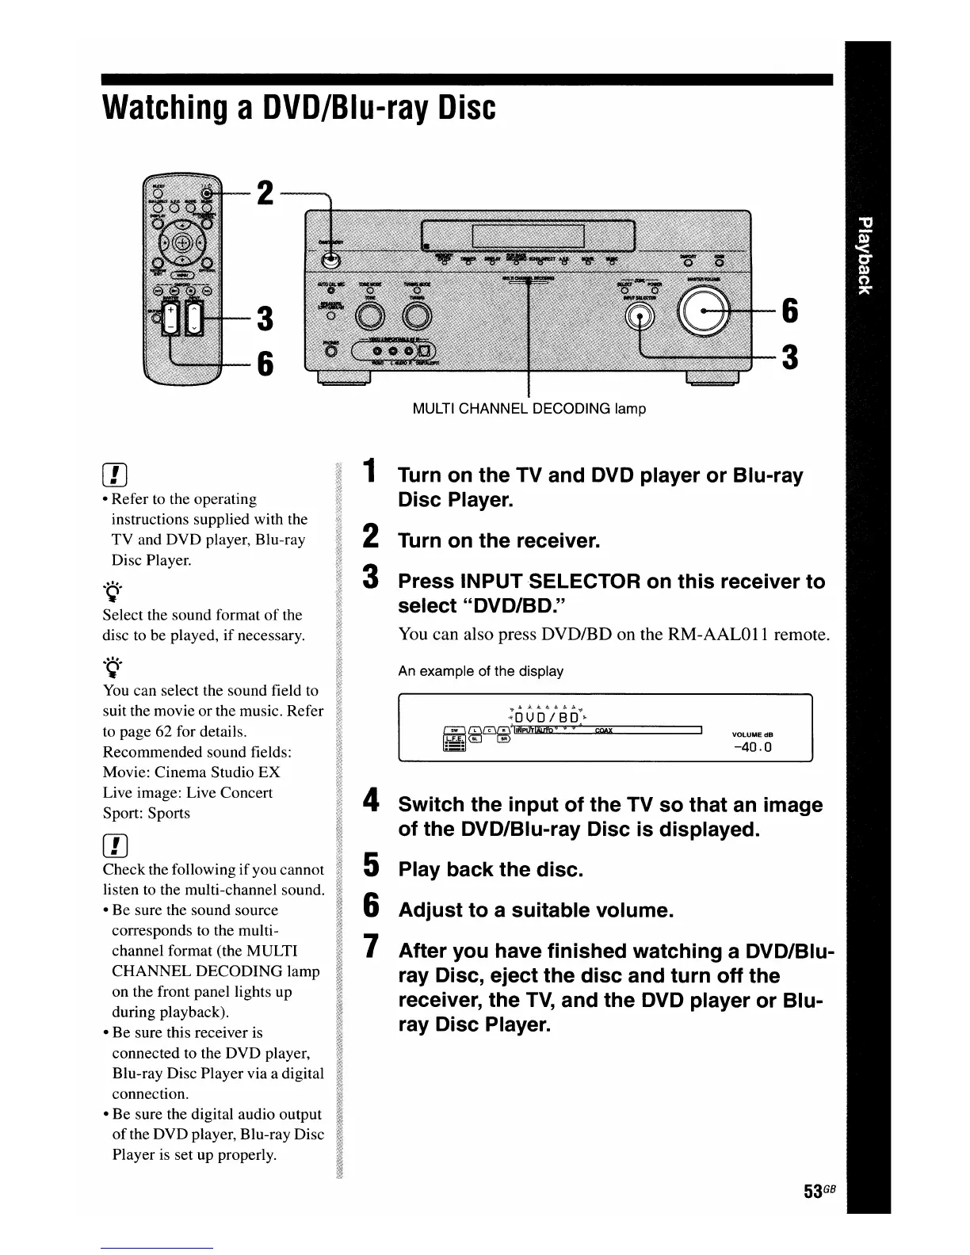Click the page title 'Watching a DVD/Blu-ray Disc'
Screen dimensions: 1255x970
(x=299, y=109)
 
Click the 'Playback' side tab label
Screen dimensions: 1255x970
(x=867, y=254)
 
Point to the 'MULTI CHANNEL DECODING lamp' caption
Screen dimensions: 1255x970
(x=529, y=409)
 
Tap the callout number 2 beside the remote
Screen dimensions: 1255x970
(x=265, y=193)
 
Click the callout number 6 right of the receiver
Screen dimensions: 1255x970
(x=789, y=311)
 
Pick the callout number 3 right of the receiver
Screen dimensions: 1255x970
(x=789, y=357)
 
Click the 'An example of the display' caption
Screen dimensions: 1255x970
(x=480, y=671)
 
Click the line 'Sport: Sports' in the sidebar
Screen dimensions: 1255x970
(x=147, y=813)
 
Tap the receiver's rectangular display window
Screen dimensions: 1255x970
(x=528, y=235)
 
